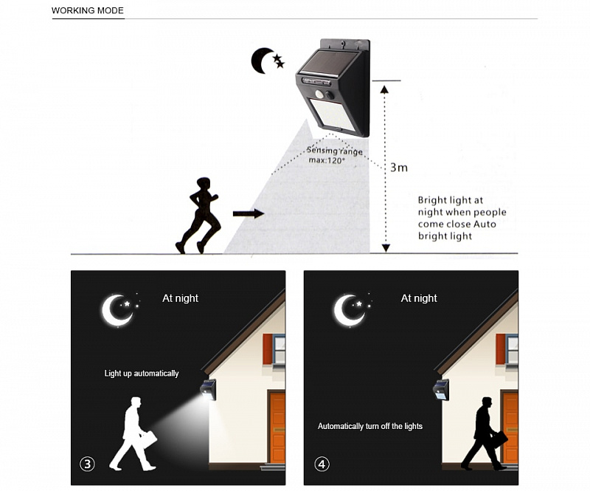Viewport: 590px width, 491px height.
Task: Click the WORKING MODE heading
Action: tap(87, 10)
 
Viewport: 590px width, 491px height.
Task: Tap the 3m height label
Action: tap(399, 168)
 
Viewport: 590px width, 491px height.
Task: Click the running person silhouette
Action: tap(198, 215)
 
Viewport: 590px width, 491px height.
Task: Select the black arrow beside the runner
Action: tap(249, 213)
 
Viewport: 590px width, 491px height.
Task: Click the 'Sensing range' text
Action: tap(335, 151)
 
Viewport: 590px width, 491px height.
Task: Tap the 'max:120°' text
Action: tap(327, 160)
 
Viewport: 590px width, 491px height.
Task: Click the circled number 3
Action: tap(87, 464)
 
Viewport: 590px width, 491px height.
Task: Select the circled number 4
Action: tap(322, 464)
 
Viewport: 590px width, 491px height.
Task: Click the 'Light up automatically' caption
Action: tap(142, 374)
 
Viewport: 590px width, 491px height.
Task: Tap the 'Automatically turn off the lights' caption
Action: tap(370, 426)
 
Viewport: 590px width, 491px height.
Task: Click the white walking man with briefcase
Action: tap(133, 433)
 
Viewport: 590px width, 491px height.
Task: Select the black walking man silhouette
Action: tap(485, 433)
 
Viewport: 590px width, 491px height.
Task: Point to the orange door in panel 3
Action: tap(277, 428)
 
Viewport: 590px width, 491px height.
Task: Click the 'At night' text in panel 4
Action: tap(419, 298)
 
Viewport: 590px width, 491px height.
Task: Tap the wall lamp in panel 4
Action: tap(440, 389)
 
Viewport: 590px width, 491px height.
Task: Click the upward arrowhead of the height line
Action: tap(384, 89)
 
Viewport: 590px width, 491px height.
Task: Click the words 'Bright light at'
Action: tap(450, 200)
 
